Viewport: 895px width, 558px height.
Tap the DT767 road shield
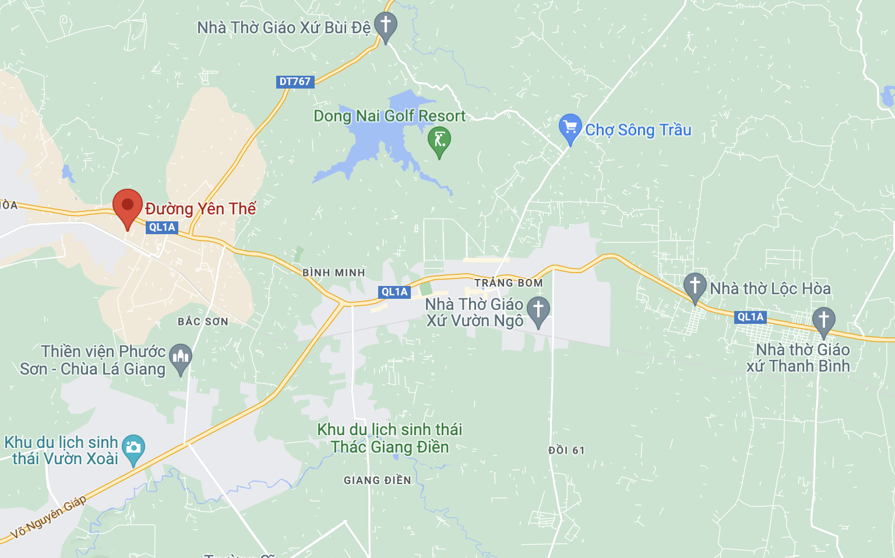(x=295, y=82)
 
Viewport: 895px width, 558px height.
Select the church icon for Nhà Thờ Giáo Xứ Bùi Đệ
(x=385, y=25)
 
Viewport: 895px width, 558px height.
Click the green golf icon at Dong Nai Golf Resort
(x=439, y=140)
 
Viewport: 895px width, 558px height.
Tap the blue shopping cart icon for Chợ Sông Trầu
(x=570, y=127)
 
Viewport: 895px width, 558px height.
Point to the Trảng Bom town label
(x=508, y=283)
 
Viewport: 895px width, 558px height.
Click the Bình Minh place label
(x=333, y=273)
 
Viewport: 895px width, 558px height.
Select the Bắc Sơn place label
(x=203, y=322)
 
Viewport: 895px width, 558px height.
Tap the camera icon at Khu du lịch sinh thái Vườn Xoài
(x=133, y=447)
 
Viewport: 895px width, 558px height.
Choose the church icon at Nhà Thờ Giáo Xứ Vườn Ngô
(x=538, y=309)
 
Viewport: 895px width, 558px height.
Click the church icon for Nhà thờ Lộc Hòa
(x=695, y=285)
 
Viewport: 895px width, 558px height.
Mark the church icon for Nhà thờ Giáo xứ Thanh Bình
(x=823, y=319)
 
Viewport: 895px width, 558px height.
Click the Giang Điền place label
(x=378, y=481)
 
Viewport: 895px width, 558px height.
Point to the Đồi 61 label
(x=566, y=450)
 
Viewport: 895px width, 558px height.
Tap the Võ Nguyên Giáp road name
(x=49, y=517)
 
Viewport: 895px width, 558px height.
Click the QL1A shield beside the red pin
(x=162, y=227)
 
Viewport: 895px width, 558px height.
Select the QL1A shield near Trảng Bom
(x=394, y=292)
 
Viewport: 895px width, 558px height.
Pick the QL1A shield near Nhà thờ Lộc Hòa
(x=750, y=317)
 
